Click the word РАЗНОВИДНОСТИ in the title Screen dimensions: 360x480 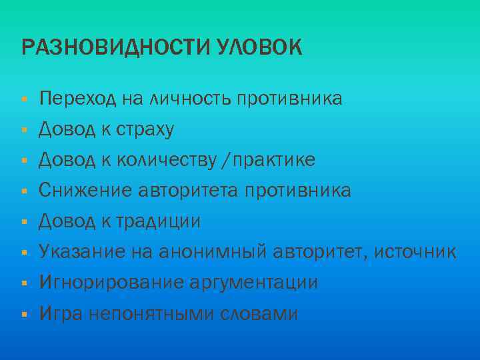click(x=116, y=48)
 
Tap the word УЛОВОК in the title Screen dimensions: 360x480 click(x=259, y=48)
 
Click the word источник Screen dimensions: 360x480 click(x=415, y=252)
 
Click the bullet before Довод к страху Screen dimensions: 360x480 click(x=24, y=131)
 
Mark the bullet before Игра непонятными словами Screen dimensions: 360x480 click(x=24, y=314)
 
